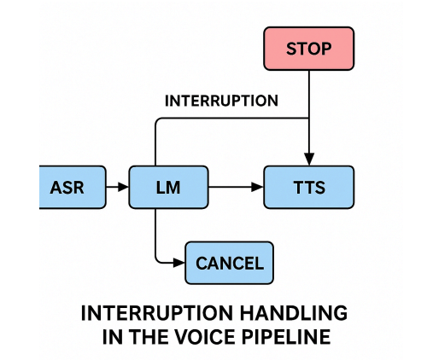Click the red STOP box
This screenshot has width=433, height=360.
pos(309,49)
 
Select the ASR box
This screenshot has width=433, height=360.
pos(73,187)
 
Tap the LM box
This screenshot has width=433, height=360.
pos(168,187)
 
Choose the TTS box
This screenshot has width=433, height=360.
pos(309,187)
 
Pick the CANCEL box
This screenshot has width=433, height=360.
pos(230,263)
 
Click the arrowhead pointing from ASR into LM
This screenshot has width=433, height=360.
pos(123,187)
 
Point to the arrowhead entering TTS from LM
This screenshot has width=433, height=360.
pos(258,187)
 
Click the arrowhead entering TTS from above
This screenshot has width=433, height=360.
pos(309,160)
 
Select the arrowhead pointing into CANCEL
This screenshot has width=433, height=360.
pos(179,263)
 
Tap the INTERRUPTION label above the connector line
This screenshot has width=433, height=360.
pos(221,101)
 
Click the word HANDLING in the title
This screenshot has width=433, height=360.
pos(294,313)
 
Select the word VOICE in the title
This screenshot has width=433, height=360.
pos(205,337)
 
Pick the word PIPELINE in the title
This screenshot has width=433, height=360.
pos(286,337)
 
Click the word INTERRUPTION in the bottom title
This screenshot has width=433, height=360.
pos(157,313)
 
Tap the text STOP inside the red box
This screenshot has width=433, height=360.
pos(309,49)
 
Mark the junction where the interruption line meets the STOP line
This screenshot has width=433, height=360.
pos(309,118)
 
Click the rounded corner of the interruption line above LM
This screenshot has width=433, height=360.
pos(158,120)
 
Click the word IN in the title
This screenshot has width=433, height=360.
pos(113,337)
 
